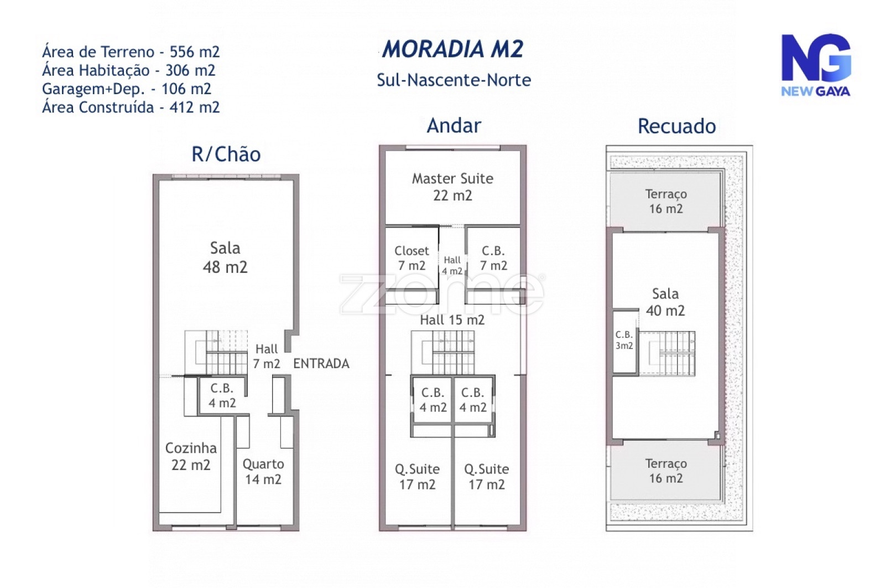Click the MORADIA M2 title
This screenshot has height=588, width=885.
point(452,49)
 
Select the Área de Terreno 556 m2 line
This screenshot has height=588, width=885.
point(131,52)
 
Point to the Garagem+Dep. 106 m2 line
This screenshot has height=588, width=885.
point(127,89)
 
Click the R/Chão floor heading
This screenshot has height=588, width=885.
point(226,154)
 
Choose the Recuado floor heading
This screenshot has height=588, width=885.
point(677,126)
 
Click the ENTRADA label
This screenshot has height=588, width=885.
point(321,363)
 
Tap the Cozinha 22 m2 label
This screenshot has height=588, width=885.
point(191,456)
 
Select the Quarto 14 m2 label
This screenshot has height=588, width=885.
point(263,471)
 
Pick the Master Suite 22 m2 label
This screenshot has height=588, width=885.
point(452,187)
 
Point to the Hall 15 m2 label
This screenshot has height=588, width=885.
point(452,319)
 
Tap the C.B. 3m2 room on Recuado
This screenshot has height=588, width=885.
point(624,342)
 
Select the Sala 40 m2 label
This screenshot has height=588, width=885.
point(665,302)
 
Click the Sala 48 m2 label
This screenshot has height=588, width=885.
point(225,257)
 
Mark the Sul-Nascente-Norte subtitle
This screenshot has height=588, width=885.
point(454,80)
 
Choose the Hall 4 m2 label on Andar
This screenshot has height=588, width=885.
point(452,265)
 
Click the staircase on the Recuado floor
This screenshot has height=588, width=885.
point(667,353)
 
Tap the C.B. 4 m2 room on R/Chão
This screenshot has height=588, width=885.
point(222,395)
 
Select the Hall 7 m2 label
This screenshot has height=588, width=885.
point(267,356)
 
